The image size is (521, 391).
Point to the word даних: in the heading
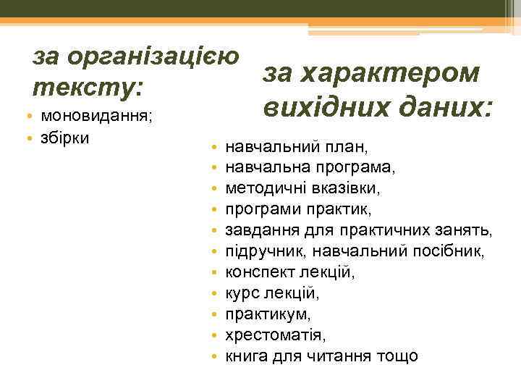click(442, 108)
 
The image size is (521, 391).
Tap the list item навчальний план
click(297, 147)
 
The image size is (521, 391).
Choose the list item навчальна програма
click(310, 168)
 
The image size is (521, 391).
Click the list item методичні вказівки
click(302, 189)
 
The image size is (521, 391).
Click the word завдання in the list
click(255, 231)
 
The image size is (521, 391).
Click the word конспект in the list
click(256, 273)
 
